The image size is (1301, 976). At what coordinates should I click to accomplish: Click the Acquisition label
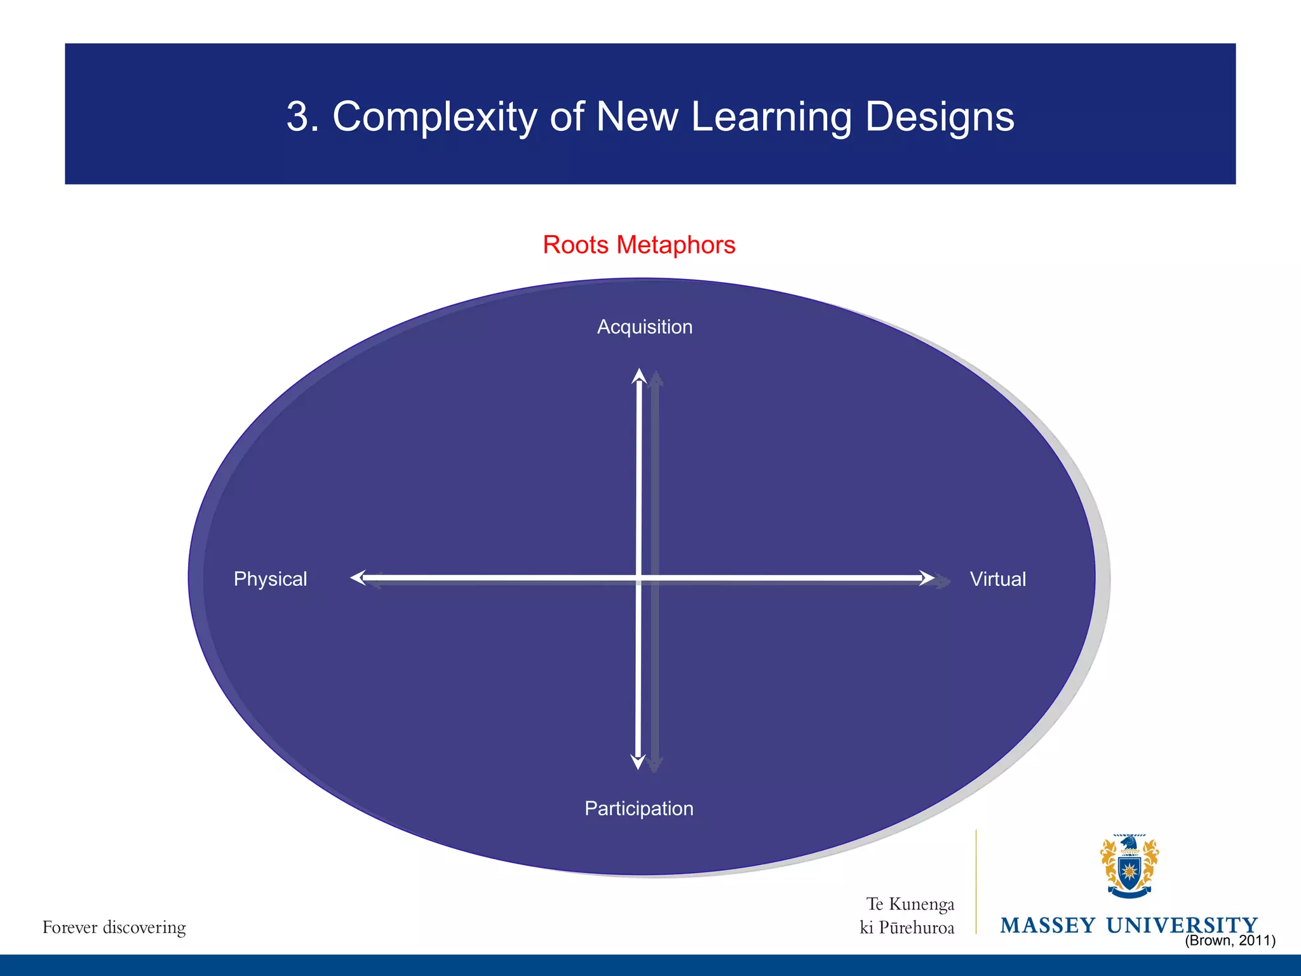[644, 327]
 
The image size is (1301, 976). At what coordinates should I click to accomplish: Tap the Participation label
[638, 808]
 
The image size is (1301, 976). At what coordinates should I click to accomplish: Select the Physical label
[270, 579]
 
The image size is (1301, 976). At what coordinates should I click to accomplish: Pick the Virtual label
[997, 579]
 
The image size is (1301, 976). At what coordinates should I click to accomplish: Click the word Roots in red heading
[576, 245]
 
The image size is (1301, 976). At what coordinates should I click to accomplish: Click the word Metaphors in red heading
[676, 245]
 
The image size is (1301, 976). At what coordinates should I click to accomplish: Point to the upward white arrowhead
[639, 376]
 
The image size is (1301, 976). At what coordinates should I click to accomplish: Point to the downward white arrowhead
[638, 762]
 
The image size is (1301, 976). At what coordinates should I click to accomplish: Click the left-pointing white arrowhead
[358, 578]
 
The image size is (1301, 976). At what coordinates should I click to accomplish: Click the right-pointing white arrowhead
[927, 578]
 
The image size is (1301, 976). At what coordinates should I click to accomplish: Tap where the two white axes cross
[638, 578]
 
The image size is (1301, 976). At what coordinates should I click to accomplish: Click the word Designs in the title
[940, 118]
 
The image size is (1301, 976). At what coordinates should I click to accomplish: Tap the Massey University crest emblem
[1129, 866]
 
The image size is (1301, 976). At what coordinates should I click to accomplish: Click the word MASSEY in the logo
[1048, 925]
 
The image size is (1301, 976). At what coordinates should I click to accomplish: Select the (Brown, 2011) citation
[1230, 940]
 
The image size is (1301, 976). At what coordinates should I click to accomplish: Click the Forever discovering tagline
[114, 927]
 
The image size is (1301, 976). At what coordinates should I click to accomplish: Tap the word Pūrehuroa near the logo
[916, 928]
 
